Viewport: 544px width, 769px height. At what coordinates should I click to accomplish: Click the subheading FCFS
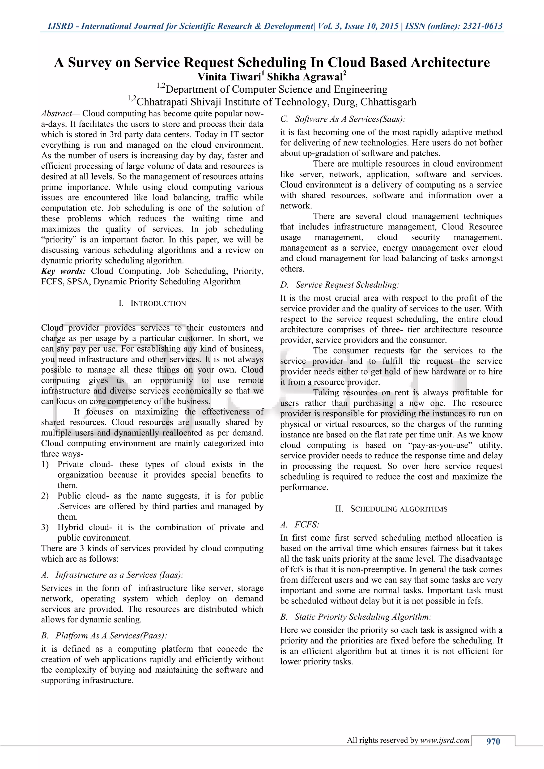pyautogui.click(x=307, y=524)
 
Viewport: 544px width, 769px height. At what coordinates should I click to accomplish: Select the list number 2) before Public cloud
pyautogui.click(x=45, y=496)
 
